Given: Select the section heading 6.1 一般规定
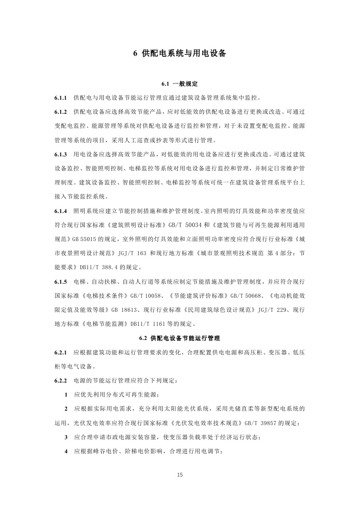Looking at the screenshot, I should [180, 84].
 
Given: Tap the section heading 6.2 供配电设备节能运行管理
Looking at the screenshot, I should [180, 338].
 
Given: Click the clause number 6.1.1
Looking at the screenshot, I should [61, 97].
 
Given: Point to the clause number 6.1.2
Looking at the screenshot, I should [61, 111].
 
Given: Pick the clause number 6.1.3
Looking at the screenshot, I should [61, 154].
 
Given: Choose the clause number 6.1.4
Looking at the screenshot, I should [61, 211].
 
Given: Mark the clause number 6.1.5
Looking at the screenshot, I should [61, 281].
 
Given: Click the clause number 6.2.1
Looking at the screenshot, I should [61, 352].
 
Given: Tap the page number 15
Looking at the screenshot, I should [180, 475].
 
